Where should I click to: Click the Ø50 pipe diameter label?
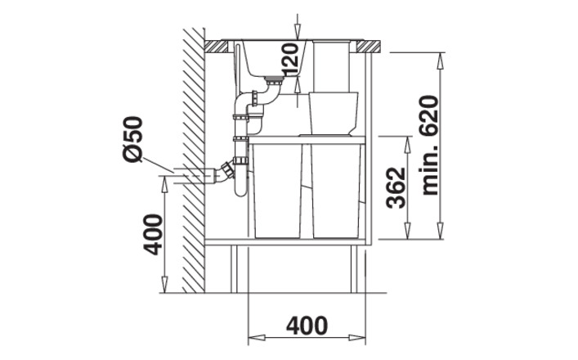[x=132, y=139]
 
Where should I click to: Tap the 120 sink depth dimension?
[x=290, y=59]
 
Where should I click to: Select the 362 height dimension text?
[x=396, y=187]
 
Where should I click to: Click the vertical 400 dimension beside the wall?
[x=153, y=235]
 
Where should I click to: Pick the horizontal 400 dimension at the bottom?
[x=307, y=326]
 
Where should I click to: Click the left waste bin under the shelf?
[x=278, y=191]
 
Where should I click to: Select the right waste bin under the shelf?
[x=336, y=191]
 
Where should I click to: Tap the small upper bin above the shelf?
[x=334, y=113]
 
